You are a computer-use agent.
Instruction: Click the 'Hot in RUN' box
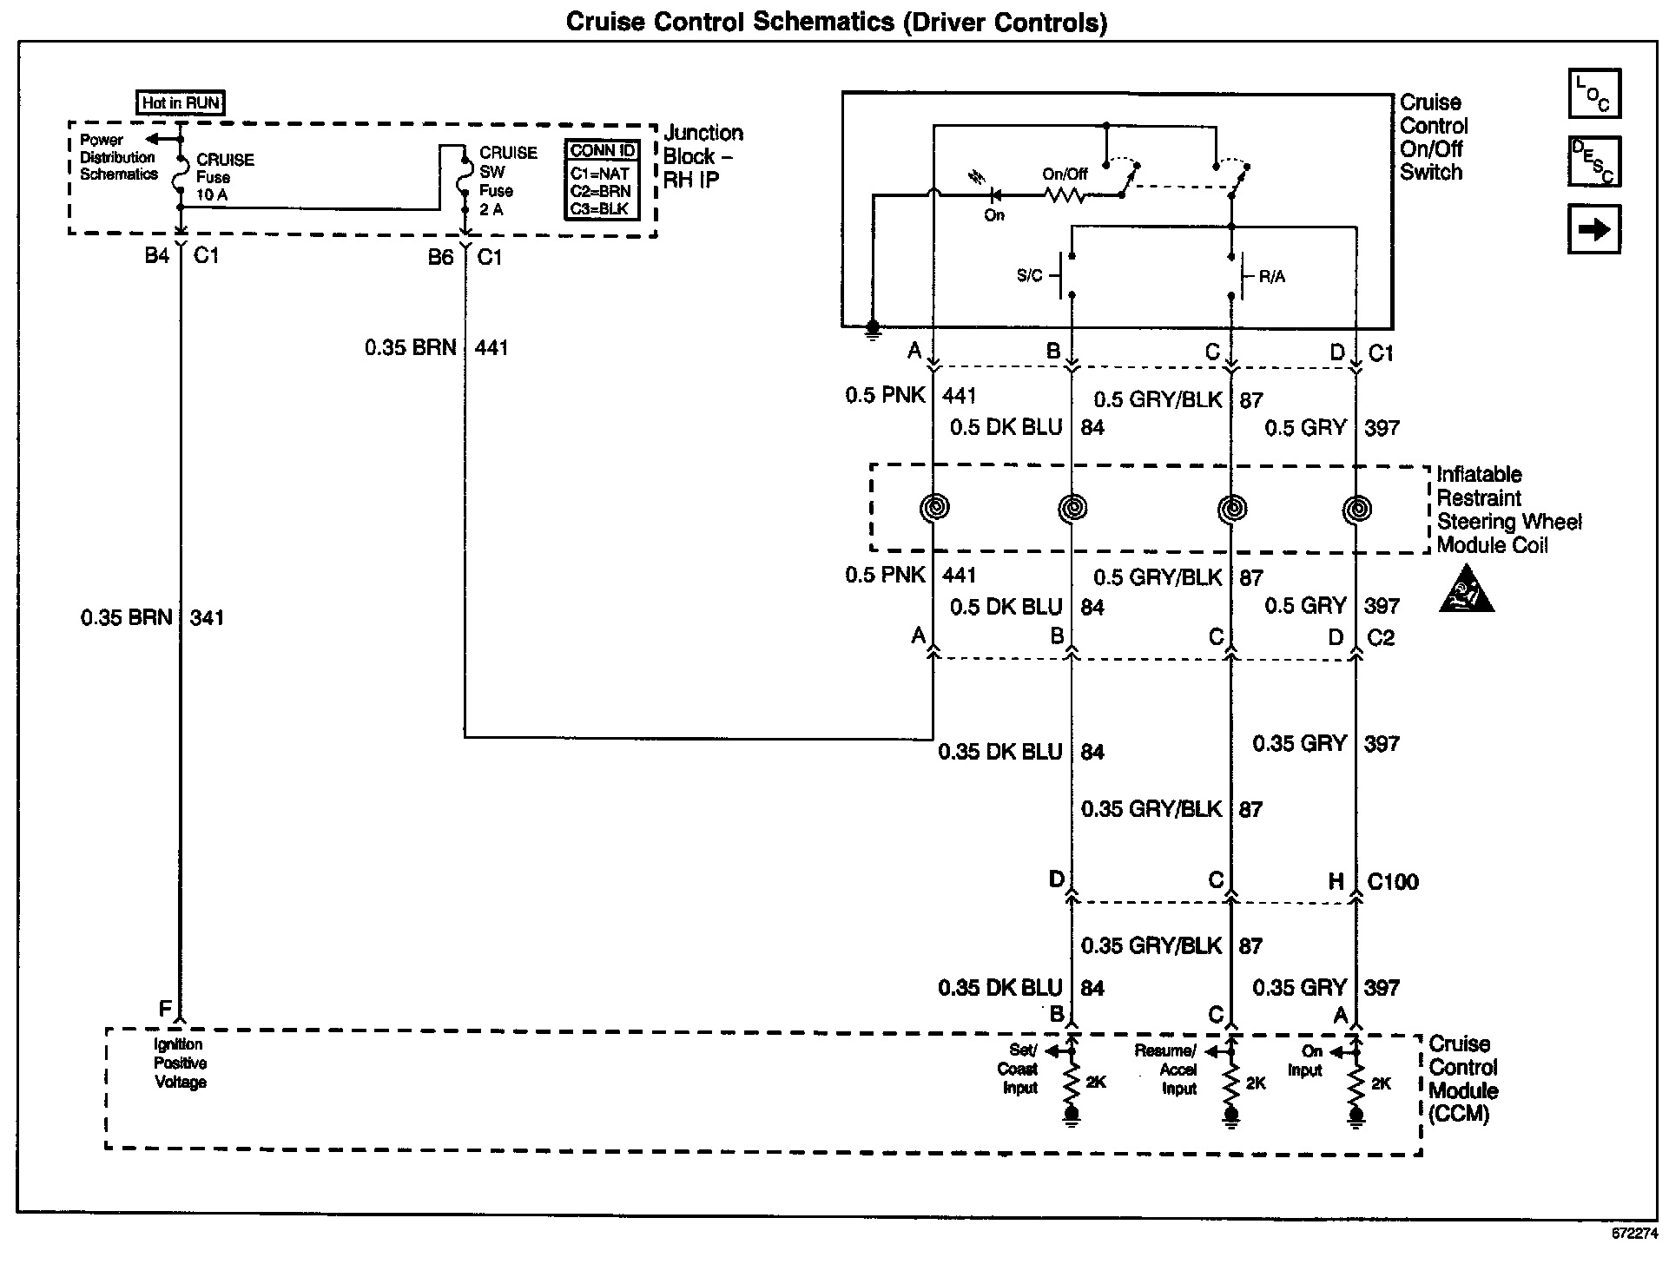pyautogui.click(x=181, y=102)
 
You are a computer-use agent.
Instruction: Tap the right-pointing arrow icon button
pyautogui.click(x=1593, y=229)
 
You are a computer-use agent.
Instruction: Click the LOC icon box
pyautogui.click(x=1594, y=94)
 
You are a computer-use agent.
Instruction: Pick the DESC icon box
pyautogui.click(x=1594, y=161)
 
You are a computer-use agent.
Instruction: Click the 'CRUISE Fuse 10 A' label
pyautogui.click(x=225, y=177)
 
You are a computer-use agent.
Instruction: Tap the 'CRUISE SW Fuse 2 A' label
pyautogui.click(x=508, y=181)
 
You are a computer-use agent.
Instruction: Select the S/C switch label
pyautogui.click(x=1029, y=276)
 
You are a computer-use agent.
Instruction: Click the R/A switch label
pyautogui.click(x=1271, y=277)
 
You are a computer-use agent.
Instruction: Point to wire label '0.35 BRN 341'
pyautogui.click(x=152, y=617)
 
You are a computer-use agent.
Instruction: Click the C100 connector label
pyautogui.click(x=1393, y=882)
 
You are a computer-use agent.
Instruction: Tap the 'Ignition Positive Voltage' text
pyautogui.click(x=181, y=1063)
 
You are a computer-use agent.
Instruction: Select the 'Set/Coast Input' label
pyautogui.click(x=1017, y=1069)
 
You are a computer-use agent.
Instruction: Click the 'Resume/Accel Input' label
pyautogui.click(x=1165, y=1070)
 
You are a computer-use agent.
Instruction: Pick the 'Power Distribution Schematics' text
pyautogui.click(x=119, y=157)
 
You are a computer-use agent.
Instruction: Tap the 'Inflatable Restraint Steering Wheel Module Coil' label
pyautogui.click(x=1509, y=510)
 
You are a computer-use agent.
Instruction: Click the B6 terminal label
pyautogui.click(x=440, y=258)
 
